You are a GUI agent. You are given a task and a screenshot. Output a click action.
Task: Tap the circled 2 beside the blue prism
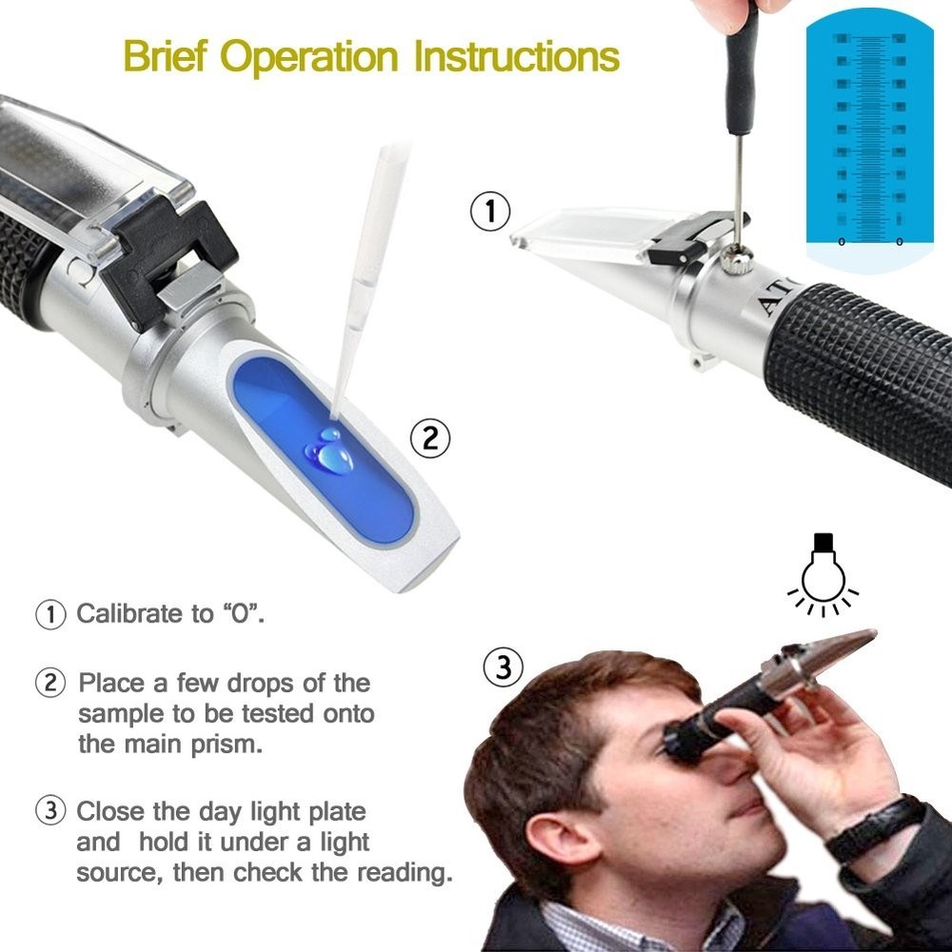tap(428, 439)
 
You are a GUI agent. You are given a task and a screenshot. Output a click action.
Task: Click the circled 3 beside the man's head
tap(504, 667)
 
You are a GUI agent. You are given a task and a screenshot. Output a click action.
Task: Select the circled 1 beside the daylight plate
tap(490, 211)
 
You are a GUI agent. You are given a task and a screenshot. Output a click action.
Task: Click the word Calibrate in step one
tap(131, 613)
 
